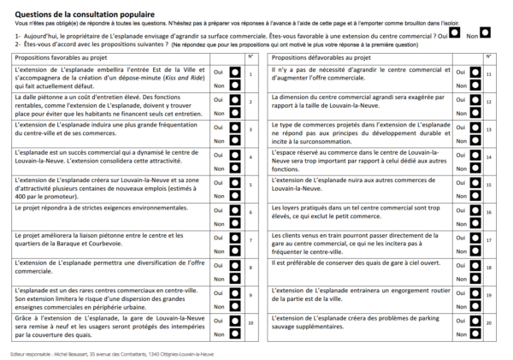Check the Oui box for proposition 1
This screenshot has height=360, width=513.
tap(233, 74)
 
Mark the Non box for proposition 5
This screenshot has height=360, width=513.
tap(233, 194)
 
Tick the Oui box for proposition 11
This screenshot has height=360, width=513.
tap(475, 74)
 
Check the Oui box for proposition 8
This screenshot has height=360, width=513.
tap(233, 263)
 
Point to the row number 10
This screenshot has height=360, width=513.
tap(251, 323)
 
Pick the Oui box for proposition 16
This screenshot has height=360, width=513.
tap(475, 208)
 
